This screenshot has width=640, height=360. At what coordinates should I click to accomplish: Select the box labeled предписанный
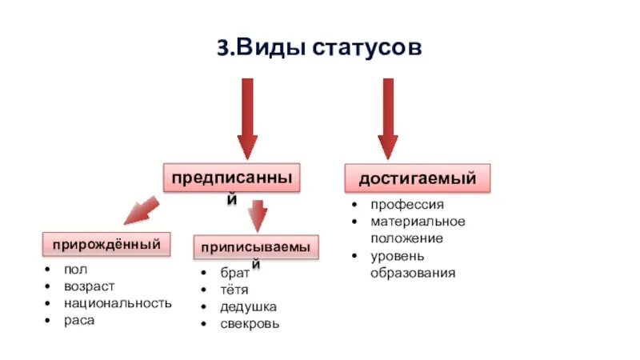tap(232, 178)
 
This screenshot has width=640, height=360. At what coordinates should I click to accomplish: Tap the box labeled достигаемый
tap(417, 178)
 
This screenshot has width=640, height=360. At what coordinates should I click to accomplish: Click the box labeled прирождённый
tap(107, 242)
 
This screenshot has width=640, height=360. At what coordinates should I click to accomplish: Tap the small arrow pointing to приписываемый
tap(257, 216)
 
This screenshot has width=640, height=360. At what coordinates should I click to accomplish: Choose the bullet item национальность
tap(118, 303)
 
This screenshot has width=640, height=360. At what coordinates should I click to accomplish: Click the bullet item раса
tap(80, 320)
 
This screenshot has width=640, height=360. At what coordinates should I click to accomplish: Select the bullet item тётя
tap(234, 290)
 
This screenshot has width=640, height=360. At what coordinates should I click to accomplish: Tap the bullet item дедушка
tap(249, 307)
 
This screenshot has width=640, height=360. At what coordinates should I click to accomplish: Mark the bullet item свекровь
tap(250, 324)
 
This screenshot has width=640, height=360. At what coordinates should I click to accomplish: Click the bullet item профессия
tap(406, 206)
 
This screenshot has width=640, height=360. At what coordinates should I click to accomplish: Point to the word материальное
tap(418, 222)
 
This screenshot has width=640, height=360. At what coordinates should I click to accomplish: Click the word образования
tap(413, 273)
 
